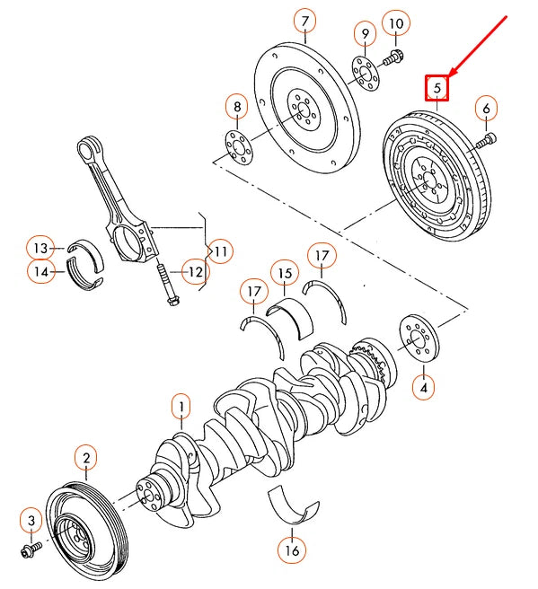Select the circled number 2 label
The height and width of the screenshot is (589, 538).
coord(85,460)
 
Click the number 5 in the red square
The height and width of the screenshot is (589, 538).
coord(437,88)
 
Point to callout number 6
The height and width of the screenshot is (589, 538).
coord(486,109)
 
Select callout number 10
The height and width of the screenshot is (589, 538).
coord(395,22)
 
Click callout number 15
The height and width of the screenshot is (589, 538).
coord(285,273)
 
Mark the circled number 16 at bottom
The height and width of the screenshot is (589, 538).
coord(290,549)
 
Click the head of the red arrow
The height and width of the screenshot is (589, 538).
coord(452,75)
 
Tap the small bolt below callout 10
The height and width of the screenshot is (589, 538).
coord(393,60)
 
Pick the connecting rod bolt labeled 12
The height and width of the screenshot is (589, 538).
coord(168,286)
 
